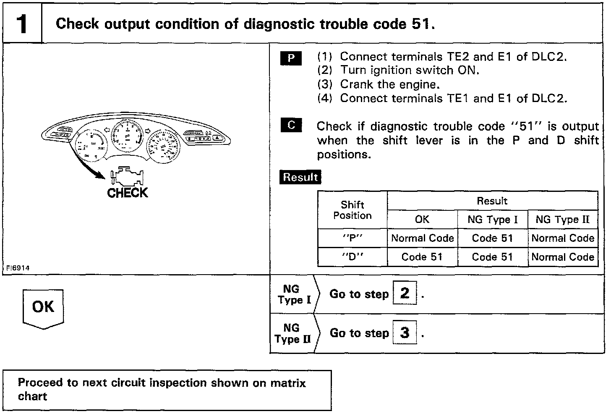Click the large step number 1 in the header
pos(22,24)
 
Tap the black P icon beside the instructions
pos(291,58)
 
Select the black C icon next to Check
pos(291,125)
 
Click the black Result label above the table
pos(300,177)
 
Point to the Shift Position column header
pos(352,210)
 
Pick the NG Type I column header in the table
pos(492,220)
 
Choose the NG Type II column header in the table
pos(562,220)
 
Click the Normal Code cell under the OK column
pos(422,238)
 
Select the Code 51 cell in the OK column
pos(422,257)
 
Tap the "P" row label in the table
pos(352,238)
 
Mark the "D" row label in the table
pos(352,257)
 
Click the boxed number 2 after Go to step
pos(405,293)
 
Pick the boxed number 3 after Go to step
pos(405,333)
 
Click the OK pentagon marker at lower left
pos(43,308)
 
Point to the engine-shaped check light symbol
pos(127,177)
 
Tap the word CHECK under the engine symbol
pos(128,193)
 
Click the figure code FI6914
pos(18,268)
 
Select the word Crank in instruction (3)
pos(356,84)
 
